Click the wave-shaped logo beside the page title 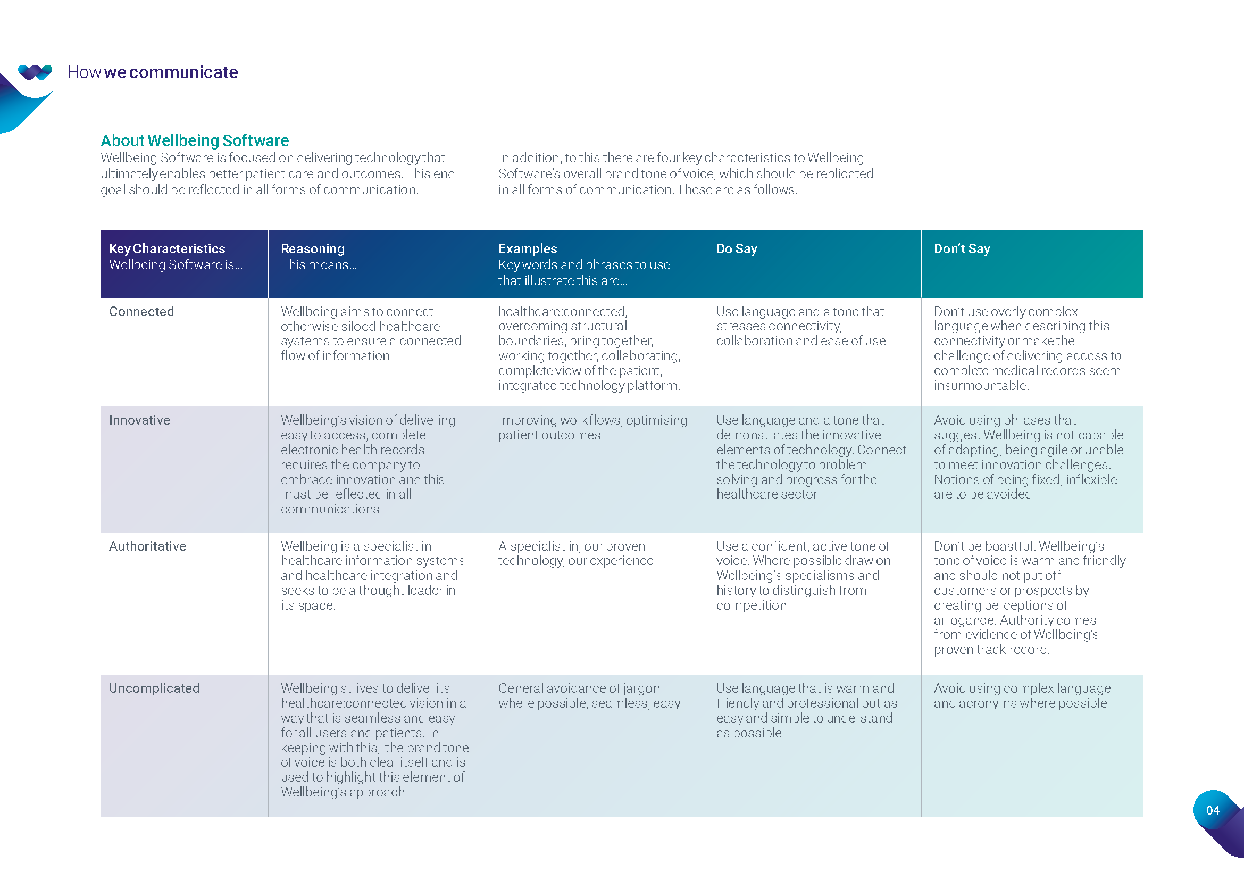[x=35, y=72]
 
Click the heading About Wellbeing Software [x=195, y=140]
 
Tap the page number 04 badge [x=1213, y=810]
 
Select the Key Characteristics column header [x=167, y=248]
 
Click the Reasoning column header [x=312, y=248]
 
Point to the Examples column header [x=527, y=248]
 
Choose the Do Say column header [x=736, y=248]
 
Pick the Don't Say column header [x=962, y=248]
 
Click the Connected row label [x=141, y=312]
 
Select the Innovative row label [x=139, y=420]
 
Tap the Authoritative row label [x=147, y=546]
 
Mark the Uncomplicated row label [x=154, y=688]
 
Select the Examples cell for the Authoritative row [x=575, y=553]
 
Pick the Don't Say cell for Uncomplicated [x=1021, y=696]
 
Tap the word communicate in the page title [x=183, y=72]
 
